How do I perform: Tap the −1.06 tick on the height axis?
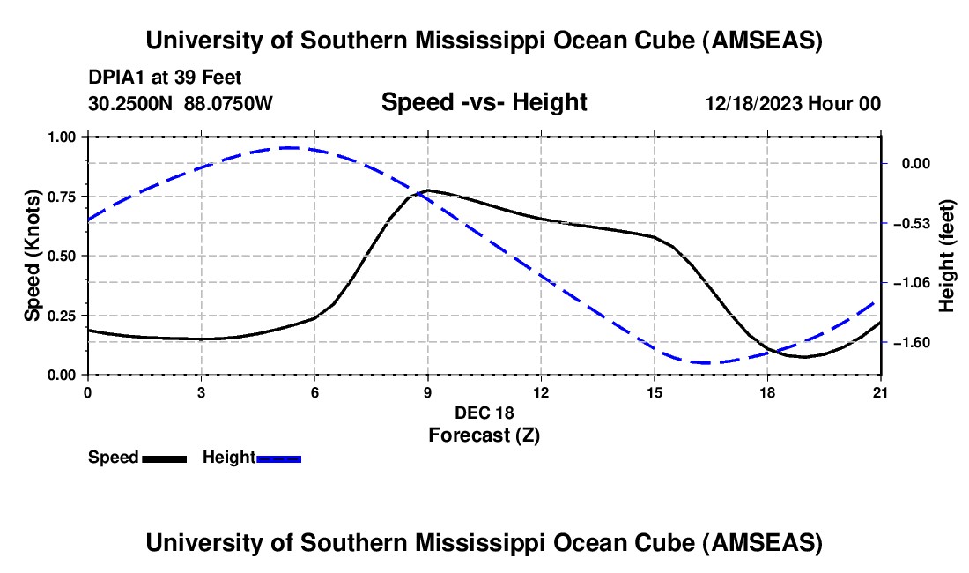tap(913, 283)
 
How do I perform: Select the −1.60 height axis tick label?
tap(913, 342)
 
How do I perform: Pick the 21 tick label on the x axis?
tap(881, 392)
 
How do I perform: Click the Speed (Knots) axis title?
tap(33, 256)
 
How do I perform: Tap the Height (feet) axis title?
tap(947, 256)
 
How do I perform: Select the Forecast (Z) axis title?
tap(484, 435)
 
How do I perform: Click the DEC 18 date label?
tap(484, 413)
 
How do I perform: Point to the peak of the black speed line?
tap(428, 190)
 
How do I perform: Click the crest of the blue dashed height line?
tap(289, 147)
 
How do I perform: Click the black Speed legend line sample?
tap(164, 458)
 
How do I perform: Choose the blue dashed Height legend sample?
tap(279, 458)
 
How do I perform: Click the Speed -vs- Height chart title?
tap(484, 102)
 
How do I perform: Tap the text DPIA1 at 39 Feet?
tap(165, 78)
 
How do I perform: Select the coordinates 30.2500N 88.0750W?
tap(181, 104)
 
